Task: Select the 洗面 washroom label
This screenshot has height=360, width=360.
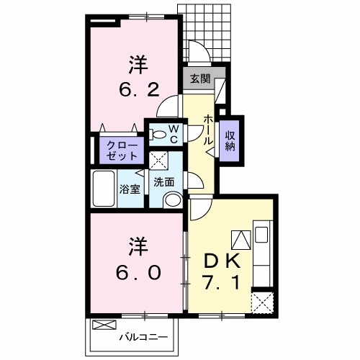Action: click(163, 181)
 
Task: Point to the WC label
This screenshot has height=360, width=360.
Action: click(174, 133)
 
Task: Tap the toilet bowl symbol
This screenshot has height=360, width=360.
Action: click(158, 133)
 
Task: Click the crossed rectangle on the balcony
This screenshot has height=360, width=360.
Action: click(104, 325)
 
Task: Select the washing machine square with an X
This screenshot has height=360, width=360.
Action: click(158, 160)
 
